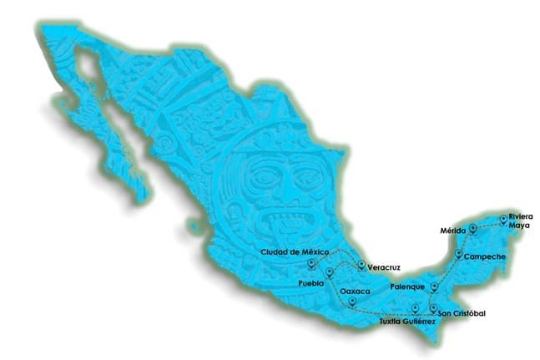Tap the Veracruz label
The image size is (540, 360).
[384, 267]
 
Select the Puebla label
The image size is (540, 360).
[310, 284]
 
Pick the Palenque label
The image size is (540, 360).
[409, 286]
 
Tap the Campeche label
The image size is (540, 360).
[485, 256]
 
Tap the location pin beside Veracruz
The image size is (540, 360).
[361, 266]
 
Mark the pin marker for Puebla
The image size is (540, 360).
[331, 271]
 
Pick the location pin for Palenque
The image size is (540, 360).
[435, 286]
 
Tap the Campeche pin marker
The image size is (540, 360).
[458, 253]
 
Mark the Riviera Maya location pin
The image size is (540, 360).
[502, 220]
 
